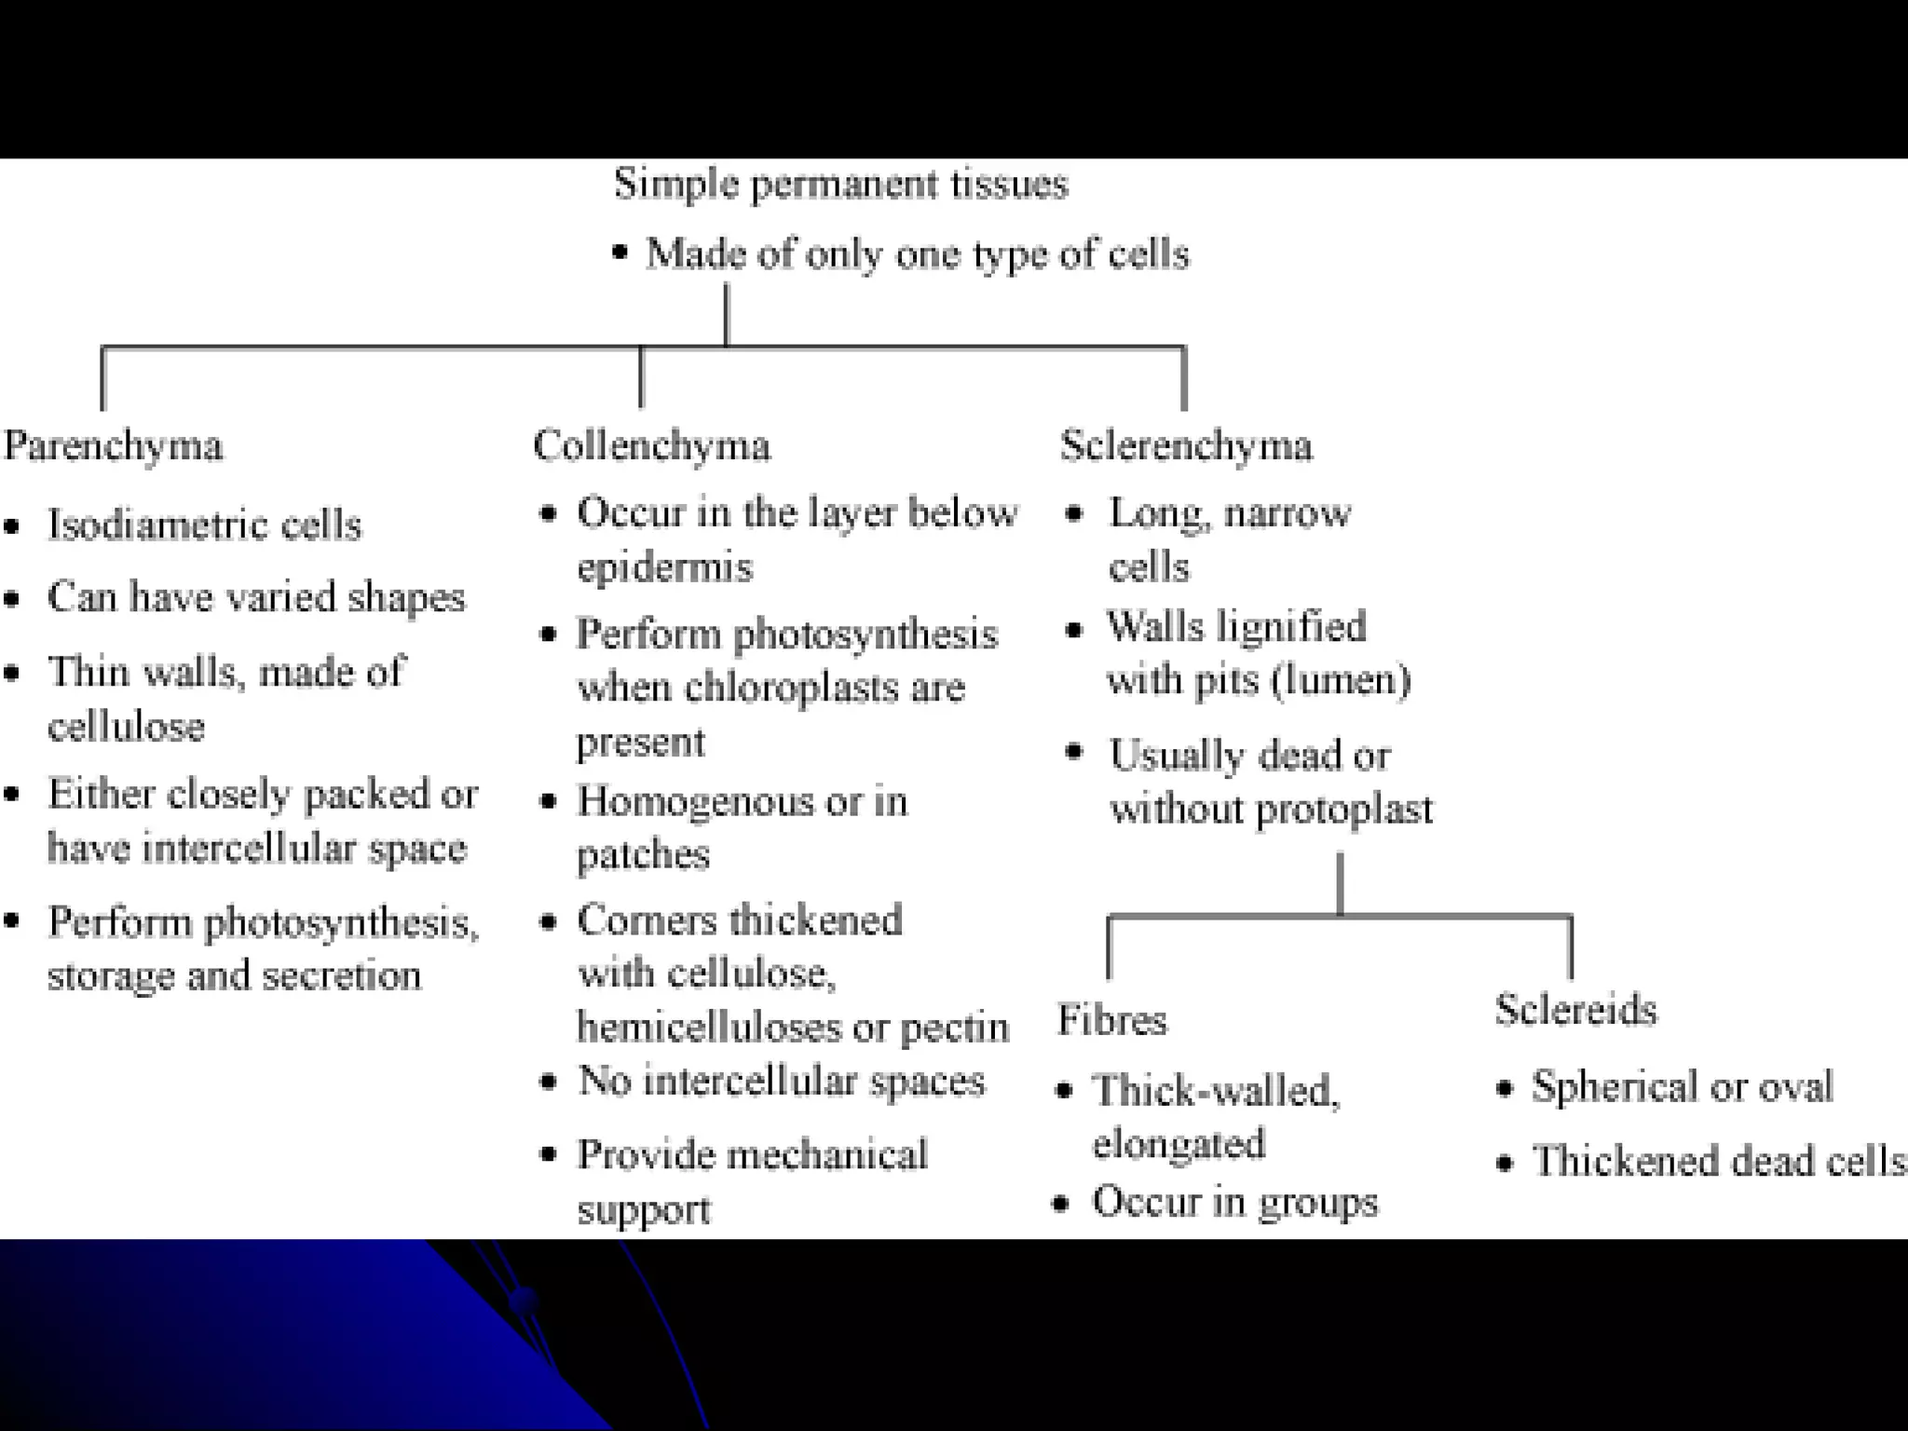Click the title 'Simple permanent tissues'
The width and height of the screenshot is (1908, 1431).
(840, 184)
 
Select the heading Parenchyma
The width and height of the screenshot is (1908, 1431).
(114, 446)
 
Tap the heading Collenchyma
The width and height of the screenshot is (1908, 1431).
(652, 446)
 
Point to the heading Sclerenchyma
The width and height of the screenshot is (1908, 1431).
(1186, 446)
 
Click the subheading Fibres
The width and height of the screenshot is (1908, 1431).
(1112, 1020)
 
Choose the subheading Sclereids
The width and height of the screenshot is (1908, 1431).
(1576, 1010)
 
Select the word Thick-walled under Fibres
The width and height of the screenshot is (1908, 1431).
(1216, 1091)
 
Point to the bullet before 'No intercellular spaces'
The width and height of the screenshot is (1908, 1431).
(549, 1082)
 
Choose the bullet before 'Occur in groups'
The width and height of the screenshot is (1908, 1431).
(1060, 1203)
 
